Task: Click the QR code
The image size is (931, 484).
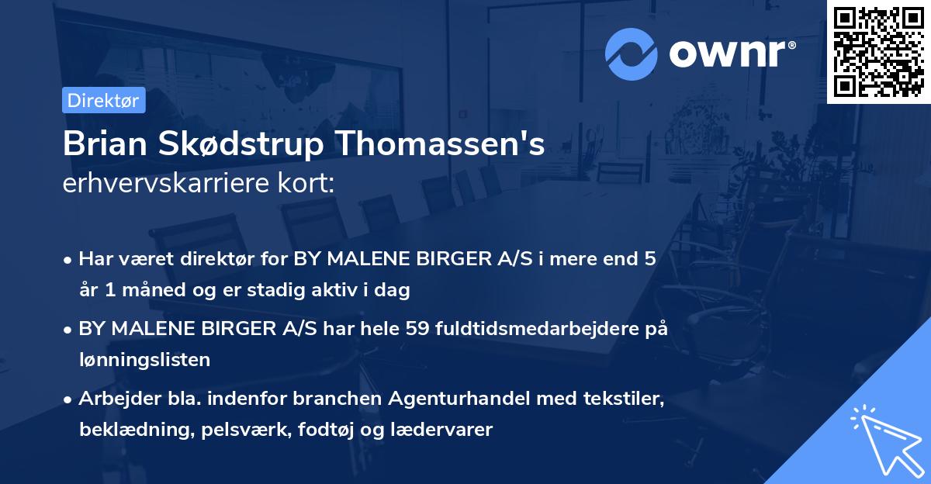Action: [878, 52]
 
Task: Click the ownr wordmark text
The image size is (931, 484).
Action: [731, 54]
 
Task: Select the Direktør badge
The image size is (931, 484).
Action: [103, 100]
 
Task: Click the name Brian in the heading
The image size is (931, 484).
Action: [99, 144]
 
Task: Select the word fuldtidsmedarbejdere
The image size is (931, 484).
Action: [538, 329]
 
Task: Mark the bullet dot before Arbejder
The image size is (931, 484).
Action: [68, 399]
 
